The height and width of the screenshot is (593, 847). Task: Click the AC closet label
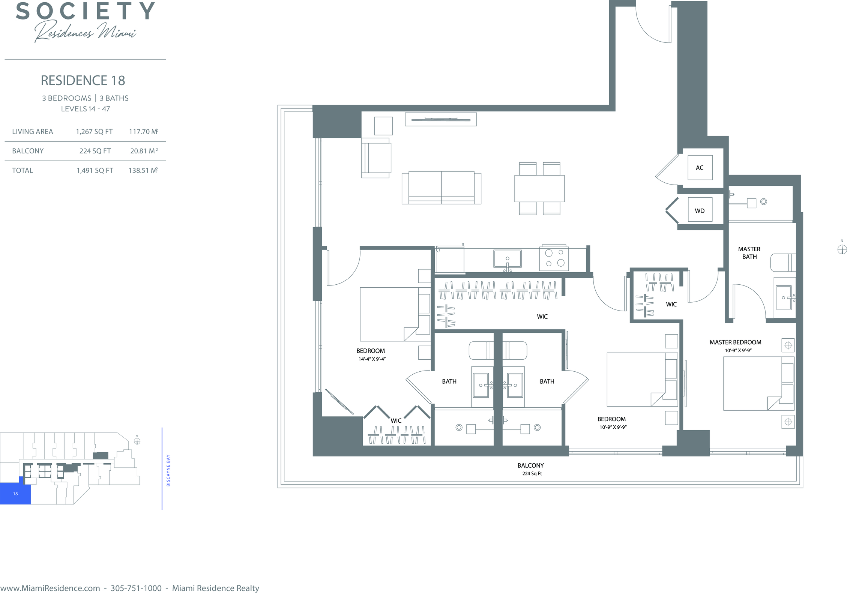point(700,168)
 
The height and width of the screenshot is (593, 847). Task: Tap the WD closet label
point(700,211)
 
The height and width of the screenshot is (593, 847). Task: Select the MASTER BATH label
point(749,253)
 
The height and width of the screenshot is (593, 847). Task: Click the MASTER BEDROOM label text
point(735,342)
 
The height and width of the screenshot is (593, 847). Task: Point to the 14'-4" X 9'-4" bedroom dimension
point(372,359)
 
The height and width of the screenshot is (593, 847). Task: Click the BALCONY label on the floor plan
point(530,465)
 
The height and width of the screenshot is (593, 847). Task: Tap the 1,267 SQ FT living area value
point(94,132)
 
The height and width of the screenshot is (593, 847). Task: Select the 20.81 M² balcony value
point(144,151)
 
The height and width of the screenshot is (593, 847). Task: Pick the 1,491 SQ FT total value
point(95,170)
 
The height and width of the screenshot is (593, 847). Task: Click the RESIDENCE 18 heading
point(83,80)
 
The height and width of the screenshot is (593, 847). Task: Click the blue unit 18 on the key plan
point(15,493)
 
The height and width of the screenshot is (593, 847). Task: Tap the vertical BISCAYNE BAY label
point(168,470)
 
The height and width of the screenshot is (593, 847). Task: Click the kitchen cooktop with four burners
point(554,258)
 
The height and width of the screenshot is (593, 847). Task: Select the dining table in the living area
point(539,189)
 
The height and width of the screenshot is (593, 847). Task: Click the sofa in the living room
point(441,188)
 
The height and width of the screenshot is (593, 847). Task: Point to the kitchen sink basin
point(508,258)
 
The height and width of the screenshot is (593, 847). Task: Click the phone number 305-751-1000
point(136,588)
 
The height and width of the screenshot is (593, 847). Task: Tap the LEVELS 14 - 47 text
point(86,109)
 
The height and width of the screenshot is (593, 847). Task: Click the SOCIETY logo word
point(85,11)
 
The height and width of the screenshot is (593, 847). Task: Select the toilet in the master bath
point(783,263)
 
